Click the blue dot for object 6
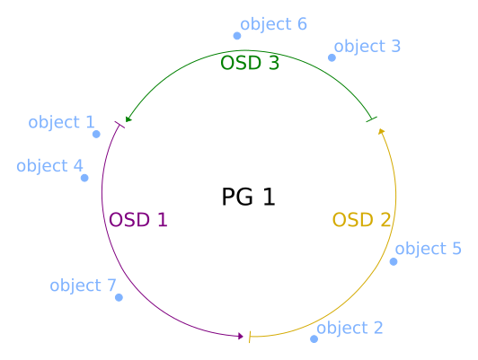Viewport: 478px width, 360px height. (237, 36)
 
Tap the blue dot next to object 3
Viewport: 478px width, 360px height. (332, 57)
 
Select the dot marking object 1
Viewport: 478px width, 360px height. (96, 134)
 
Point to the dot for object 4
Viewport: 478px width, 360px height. (84, 178)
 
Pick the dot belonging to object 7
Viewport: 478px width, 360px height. (119, 297)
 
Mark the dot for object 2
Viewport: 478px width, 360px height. (314, 339)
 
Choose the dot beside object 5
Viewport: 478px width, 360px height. (394, 261)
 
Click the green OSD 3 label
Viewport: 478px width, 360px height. (250, 63)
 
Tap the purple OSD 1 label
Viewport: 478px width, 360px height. (138, 220)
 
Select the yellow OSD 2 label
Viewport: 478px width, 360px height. (361, 220)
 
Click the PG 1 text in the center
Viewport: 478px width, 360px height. (249, 197)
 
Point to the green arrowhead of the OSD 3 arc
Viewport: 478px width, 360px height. (128, 119)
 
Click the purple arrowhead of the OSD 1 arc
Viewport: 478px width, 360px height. (241, 337)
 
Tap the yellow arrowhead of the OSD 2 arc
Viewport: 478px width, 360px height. (381, 131)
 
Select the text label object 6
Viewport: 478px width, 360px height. (273, 24)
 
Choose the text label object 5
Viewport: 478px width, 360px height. (428, 249)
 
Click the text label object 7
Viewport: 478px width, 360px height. (83, 285)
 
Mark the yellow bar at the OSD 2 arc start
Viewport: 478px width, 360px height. (250, 337)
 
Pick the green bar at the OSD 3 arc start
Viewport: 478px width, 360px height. (372, 119)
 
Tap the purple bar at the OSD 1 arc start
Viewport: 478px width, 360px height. (119, 125)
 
